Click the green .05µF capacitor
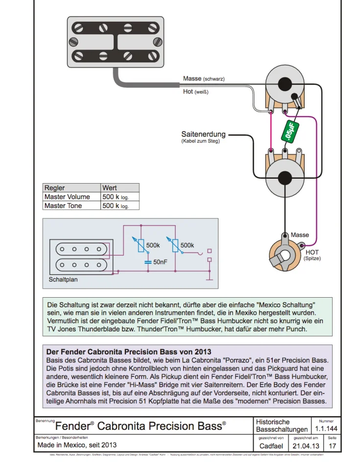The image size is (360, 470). tap(291, 131)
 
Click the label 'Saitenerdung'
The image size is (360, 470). tap(203, 134)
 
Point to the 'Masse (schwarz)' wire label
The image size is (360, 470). tap(204, 79)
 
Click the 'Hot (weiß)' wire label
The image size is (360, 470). tap(195, 92)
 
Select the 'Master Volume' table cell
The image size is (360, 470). tap(67, 197)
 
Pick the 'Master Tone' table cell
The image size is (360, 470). tap(63, 206)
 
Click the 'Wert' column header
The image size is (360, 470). tap(109, 188)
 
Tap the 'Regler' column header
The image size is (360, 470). tap(54, 188)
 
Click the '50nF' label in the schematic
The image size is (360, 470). tap(160, 262)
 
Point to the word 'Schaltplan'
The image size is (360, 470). tap(63, 280)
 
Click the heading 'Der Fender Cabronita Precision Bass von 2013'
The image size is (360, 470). tap(129, 352)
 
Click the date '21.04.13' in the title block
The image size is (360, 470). tap(306, 446)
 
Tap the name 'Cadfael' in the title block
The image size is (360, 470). tap(270, 446)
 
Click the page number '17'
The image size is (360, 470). tap(333, 446)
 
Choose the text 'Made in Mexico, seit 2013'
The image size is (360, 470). tap(77, 445)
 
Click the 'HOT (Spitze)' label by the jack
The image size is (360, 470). tap(312, 255)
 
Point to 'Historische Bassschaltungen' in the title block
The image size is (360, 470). tap(281, 425)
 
